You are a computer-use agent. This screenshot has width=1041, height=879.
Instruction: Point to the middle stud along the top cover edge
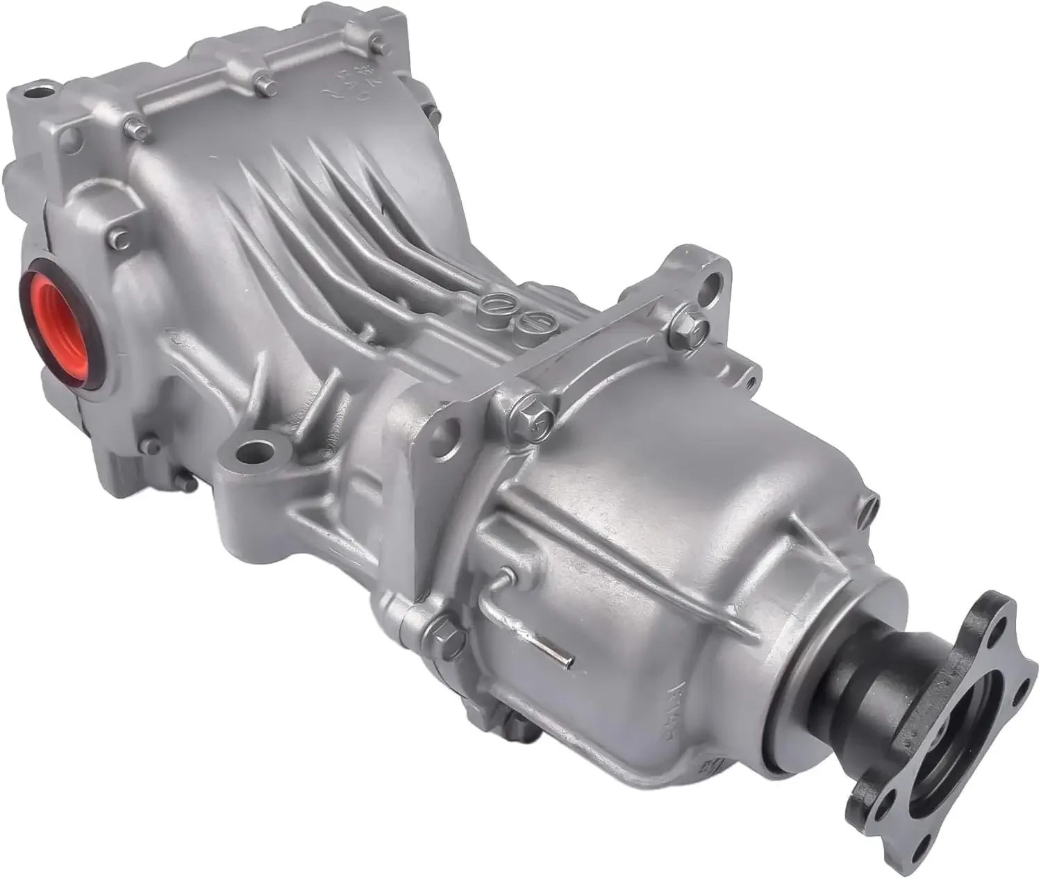point(263,84)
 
